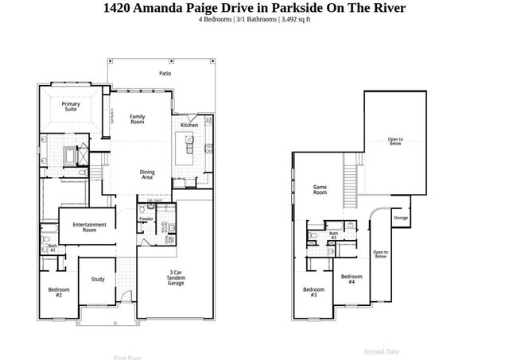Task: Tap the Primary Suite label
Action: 72,106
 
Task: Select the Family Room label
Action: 138,119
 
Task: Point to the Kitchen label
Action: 188,125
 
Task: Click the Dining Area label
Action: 147,175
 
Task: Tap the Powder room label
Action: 146,219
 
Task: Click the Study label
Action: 98,279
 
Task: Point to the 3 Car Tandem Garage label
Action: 176,277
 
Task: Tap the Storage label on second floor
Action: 401,218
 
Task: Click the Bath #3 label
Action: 333,235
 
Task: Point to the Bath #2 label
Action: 52,248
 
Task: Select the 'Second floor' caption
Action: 382,351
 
